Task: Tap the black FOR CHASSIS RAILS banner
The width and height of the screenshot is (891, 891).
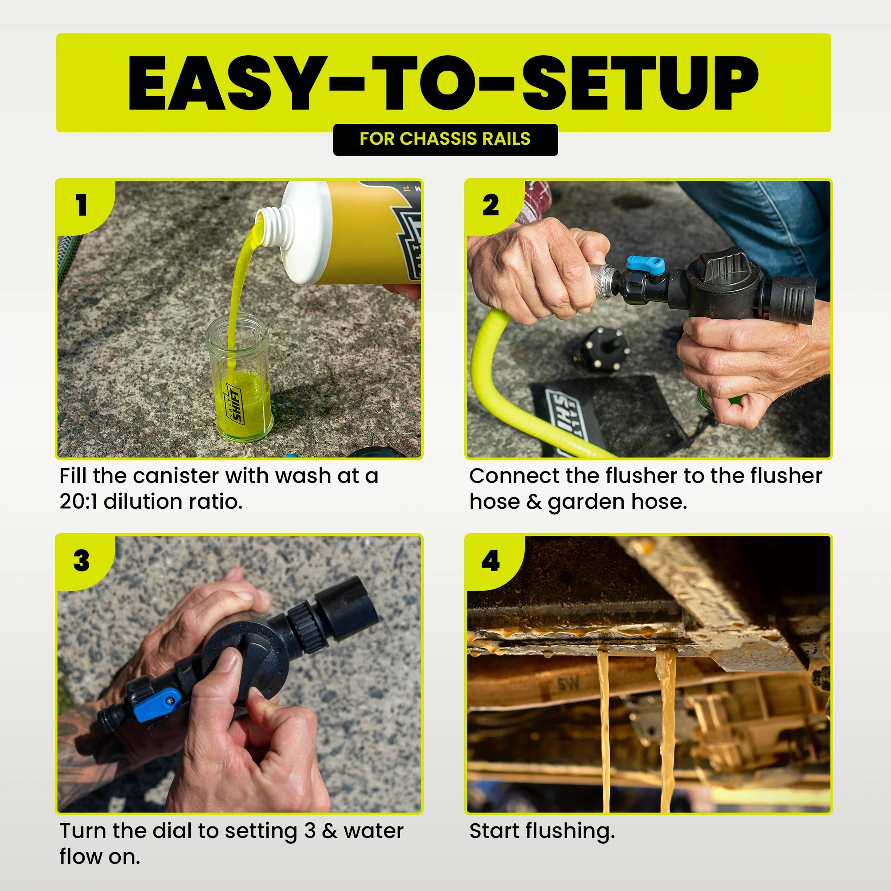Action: [445, 139]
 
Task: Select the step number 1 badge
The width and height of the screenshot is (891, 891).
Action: [82, 205]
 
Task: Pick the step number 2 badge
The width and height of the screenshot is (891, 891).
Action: [490, 205]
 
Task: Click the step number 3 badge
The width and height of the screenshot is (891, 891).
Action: [82, 561]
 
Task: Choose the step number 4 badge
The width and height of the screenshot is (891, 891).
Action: [490, 561]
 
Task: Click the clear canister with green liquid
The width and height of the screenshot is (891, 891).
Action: [240, 383]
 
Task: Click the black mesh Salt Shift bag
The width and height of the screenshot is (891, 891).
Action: [613, 415]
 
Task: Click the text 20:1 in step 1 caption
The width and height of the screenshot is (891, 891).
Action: [78, 502]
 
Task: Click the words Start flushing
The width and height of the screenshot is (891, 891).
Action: [542, 831]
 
